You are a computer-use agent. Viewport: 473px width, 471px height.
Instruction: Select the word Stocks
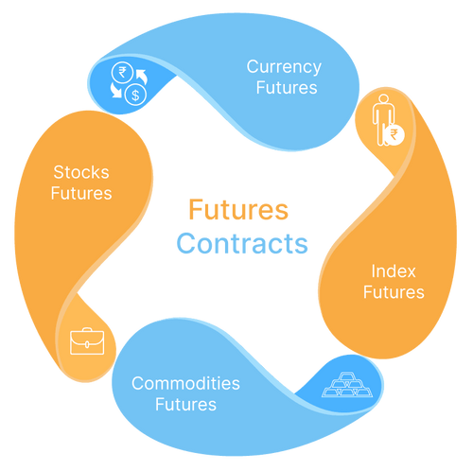81,173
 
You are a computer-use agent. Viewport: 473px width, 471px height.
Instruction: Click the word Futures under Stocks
82,194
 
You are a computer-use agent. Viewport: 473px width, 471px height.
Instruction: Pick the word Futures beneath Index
393,293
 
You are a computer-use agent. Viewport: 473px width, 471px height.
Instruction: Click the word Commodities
185,384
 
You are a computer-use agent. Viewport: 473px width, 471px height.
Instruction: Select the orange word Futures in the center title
237,208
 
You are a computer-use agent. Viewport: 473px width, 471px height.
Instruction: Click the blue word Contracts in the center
242,243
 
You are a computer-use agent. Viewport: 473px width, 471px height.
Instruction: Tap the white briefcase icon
83,340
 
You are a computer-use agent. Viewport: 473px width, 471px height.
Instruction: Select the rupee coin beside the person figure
392,136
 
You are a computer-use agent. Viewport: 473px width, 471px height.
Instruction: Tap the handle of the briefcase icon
83,330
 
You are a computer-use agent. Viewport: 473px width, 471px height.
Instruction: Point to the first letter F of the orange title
194,208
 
